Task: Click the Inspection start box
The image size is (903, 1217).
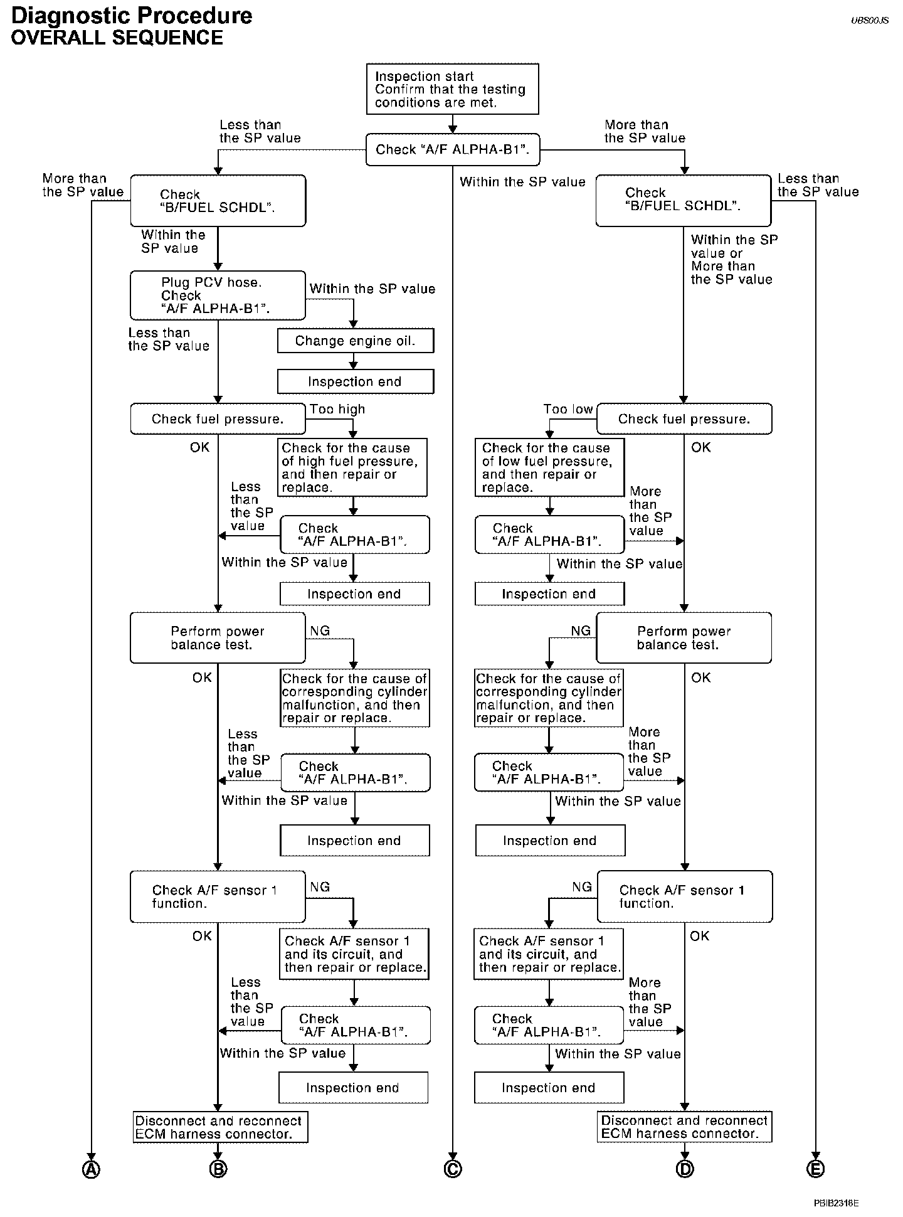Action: (x=452, y=89)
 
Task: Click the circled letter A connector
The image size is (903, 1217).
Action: (x=92, y=1169)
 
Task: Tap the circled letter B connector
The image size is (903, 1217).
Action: (x=218, y=1169)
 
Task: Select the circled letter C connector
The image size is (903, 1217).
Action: (x=452, y=1169)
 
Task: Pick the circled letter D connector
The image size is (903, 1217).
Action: (x=685, y=1169)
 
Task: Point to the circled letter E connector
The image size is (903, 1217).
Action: (x=815, y=1169)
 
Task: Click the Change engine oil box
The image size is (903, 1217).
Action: (x=355, y=341)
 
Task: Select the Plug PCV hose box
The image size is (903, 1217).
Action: (x=218, y=295)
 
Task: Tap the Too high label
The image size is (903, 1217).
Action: (x=337, y=410)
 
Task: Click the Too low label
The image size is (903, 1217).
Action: (x=568, y=410)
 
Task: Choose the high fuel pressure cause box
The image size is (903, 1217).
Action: (x=352, y=467)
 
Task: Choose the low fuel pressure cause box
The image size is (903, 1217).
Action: (x=549, y=467)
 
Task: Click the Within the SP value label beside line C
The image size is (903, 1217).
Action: (x=522, y=182)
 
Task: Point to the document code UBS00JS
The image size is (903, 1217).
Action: (x=870, y=21)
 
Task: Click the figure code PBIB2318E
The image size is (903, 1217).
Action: (x=836, y=1203)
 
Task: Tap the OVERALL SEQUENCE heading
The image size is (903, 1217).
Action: (x=117, y=38)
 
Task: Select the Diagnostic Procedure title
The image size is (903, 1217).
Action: (x=132, y=15)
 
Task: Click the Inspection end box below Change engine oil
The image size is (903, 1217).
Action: (x=355, y=381)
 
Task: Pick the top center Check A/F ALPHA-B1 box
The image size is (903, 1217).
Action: (x=452, y=149)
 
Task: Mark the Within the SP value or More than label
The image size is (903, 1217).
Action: (x=734, y=260)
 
